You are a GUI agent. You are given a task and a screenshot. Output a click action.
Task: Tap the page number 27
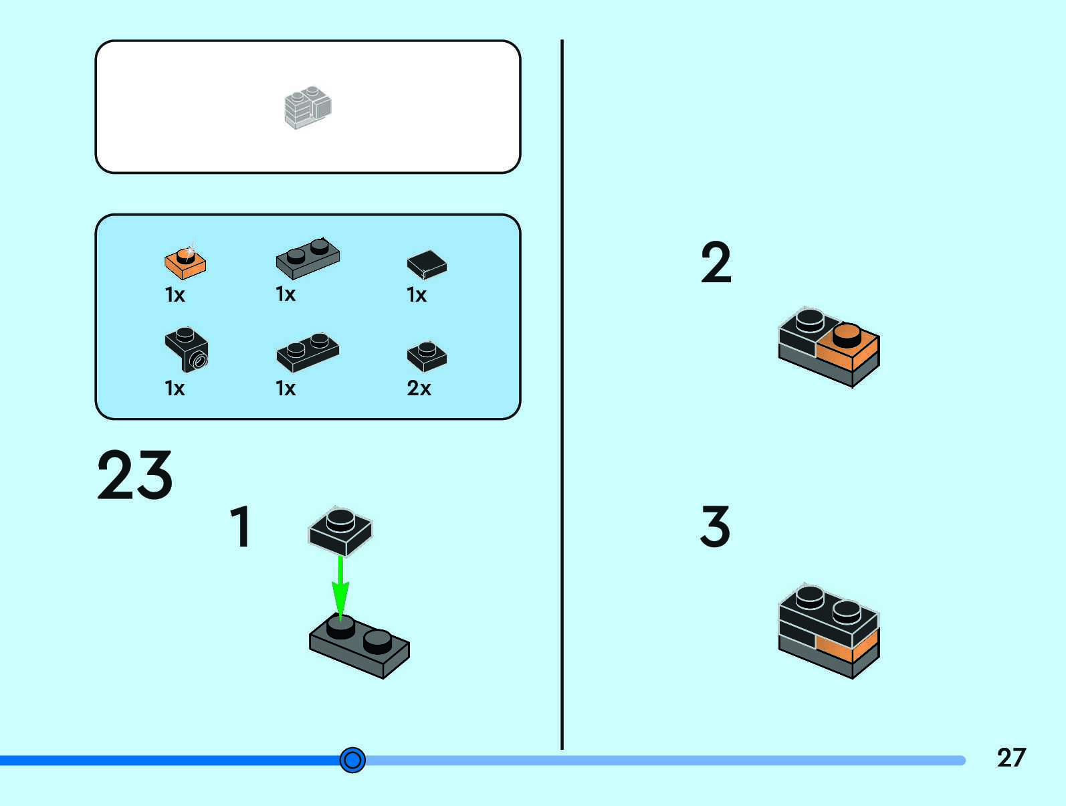tap(1010, 757)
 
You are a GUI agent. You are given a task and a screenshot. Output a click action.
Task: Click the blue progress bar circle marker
tap(352, 760)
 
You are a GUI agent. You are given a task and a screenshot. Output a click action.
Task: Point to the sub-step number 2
tap(716, 263)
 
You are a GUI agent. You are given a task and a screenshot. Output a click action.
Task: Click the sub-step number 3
tap(715, 526)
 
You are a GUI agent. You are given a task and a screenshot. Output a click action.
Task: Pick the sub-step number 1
tap(241, 527)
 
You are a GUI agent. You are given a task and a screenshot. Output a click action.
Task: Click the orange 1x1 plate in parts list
tap(185, 262)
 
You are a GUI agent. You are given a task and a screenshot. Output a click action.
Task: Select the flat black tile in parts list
tap(427, 264)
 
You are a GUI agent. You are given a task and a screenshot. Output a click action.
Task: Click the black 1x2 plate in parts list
tap(308, 352)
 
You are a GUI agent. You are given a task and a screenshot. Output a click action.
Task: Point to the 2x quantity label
tap(419, 388)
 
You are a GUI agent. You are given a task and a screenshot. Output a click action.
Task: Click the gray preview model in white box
tap(308, 107)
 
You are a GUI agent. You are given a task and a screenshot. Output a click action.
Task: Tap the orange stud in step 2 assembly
tap(847, 334)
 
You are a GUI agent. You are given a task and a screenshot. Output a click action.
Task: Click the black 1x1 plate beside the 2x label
tap(427, 356)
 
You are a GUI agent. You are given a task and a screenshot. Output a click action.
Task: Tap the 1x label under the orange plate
tap(175, 295)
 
